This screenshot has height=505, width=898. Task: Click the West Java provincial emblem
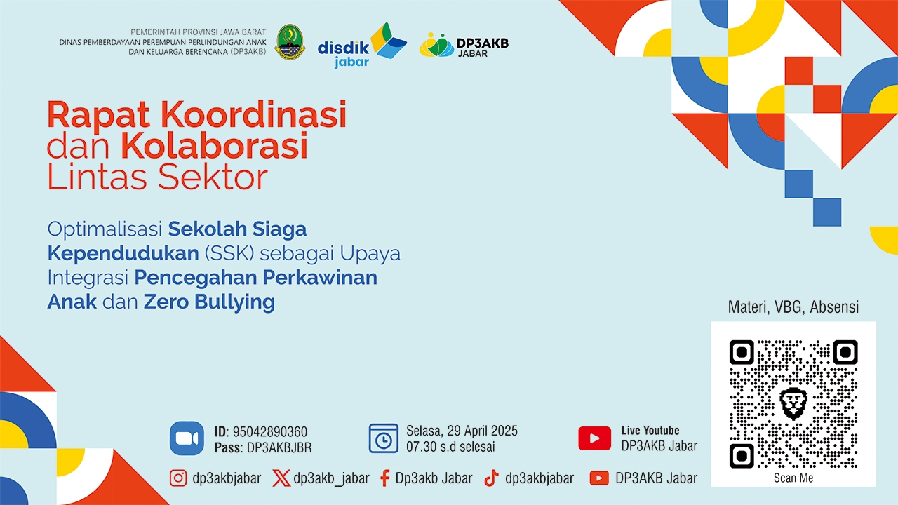290,42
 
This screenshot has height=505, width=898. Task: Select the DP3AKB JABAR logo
464,45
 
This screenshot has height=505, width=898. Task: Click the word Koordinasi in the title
253,115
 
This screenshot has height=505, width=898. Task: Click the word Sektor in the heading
213,177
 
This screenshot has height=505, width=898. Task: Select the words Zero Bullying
209,302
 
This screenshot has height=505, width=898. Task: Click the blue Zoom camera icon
187,438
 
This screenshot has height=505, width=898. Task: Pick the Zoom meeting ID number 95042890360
270,431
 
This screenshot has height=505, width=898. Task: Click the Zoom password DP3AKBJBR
279,447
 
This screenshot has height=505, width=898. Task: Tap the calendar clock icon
384,438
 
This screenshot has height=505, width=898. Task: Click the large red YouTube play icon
594,438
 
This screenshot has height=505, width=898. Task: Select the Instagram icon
178,478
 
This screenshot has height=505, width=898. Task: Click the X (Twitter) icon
281,478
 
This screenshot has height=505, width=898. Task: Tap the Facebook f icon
385,478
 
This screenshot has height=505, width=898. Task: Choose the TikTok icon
492,478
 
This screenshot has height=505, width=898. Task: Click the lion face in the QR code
793,403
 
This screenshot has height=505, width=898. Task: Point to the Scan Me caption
793,478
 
